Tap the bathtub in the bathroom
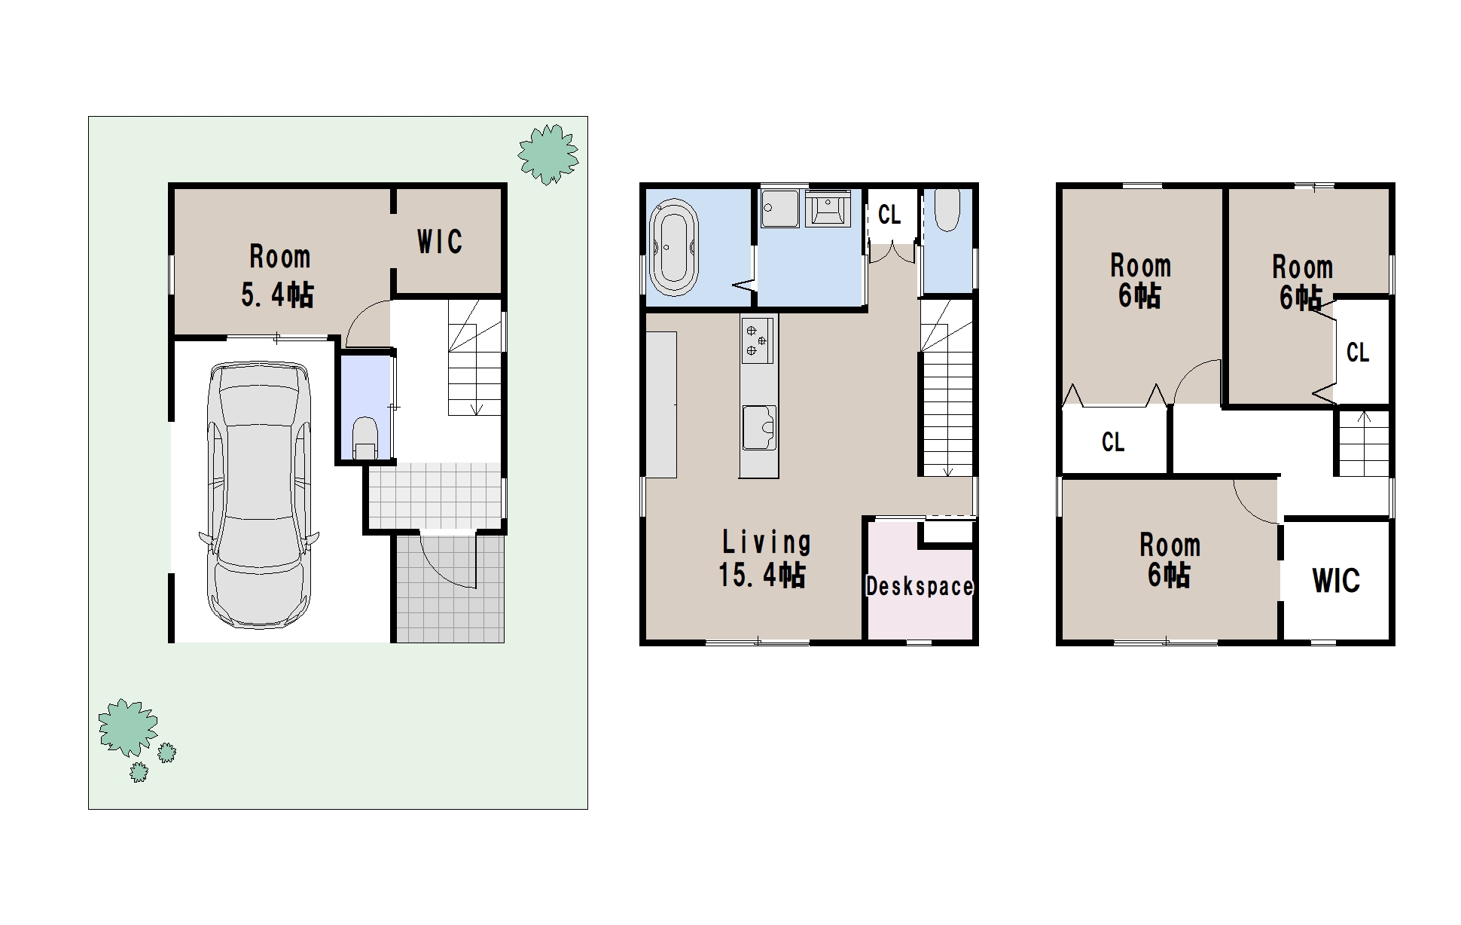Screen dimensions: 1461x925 674,248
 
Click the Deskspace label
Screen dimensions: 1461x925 920,586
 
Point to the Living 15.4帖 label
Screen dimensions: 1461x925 764,558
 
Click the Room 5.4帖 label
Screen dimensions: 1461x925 279,276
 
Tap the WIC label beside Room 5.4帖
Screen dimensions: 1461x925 440,242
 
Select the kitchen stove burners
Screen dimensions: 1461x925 758,338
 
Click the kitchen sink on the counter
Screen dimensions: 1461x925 759,428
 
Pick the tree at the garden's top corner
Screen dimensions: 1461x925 548,154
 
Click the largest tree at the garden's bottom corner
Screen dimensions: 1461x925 128,727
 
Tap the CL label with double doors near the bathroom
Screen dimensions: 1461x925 889,215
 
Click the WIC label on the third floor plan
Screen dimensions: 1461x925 1336,581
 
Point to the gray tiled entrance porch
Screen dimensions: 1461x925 450,588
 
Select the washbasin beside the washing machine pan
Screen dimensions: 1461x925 828,208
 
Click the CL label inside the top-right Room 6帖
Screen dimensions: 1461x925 1358,352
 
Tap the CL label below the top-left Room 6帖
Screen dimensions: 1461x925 1113,441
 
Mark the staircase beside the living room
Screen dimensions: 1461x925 947,388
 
